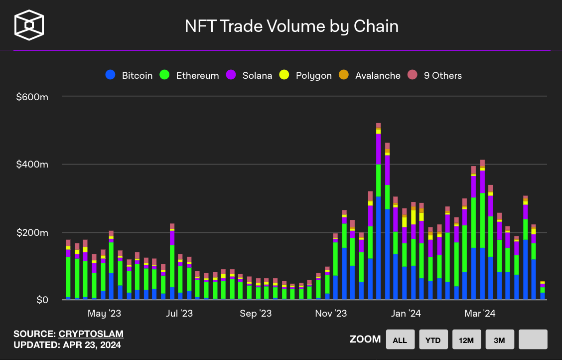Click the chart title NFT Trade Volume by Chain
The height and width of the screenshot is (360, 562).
(x=291, y=26)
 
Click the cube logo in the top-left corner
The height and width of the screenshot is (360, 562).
(x=29, y=24)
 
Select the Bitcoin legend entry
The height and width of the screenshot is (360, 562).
(x=130, y=75)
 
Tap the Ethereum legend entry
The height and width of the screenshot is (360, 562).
(x=190, y=75)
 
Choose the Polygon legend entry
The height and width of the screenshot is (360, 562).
(x=306, y=75)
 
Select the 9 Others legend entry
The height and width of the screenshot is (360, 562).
(x=435, y=75)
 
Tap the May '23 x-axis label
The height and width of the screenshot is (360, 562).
(x=104, y=314)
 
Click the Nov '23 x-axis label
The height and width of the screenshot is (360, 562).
(x=331, y=314)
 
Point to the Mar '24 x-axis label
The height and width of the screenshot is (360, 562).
(x=480, y=314)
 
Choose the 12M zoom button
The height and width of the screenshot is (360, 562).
(x=466, y=340)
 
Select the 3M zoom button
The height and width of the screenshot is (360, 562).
(x=500, y=340)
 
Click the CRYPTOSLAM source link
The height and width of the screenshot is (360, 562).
(x=91, y=334)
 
